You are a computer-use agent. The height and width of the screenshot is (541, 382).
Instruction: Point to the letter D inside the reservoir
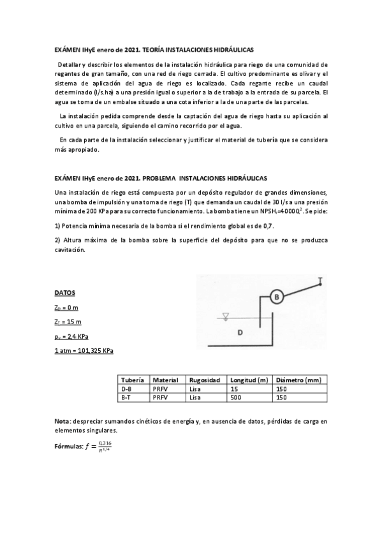(x=240, y=332)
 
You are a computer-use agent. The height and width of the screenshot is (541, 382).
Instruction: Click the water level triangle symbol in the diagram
(x=225, y=315)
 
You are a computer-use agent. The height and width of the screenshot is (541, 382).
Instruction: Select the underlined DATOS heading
(x=64, y=293)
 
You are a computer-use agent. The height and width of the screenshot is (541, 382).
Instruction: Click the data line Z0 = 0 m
(x=66, y=308)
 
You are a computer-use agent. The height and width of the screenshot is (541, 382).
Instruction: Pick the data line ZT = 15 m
(x=68, y=322)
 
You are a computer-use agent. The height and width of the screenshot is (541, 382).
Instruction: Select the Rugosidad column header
(x=205, y=380)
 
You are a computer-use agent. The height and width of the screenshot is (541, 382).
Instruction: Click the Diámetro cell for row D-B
(x=281, y=388)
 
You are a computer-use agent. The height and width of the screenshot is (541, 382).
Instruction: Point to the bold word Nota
(x=62, y=421)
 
